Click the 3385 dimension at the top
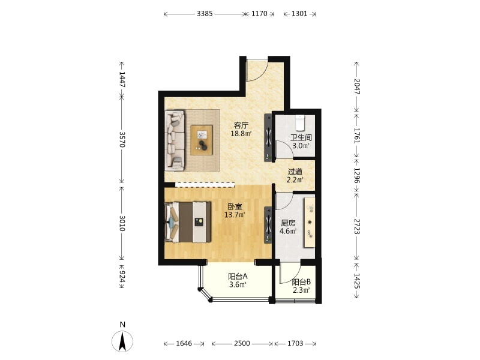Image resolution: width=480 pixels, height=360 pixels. coord(205,13)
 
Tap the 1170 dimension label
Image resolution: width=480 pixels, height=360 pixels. coord(259,13)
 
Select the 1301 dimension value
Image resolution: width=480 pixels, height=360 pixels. coord(299,13)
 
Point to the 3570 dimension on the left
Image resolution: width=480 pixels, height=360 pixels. coord(122,140)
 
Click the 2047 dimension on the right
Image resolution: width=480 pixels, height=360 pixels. coord(357,86)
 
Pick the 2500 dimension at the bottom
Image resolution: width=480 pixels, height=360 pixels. coord(242,343)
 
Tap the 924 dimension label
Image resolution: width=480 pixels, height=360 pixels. coord(122,277)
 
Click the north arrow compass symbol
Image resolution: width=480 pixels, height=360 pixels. coord(122,341)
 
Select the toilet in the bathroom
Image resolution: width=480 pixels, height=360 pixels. coord(299,122)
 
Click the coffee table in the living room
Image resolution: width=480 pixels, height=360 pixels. coord(202,140)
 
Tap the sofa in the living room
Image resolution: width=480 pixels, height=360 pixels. coord(175,140)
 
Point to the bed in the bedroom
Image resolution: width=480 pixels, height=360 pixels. coord(188,222)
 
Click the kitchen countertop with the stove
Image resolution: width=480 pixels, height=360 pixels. coord(309,223)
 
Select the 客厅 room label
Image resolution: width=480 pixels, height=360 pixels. coord(241,125)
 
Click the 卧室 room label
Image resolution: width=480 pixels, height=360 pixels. coord(235,206)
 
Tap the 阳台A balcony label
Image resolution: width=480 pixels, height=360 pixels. coord(238,277)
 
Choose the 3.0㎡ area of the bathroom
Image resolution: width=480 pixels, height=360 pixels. coord(301,146)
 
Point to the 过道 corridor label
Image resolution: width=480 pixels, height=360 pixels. coord(295,172)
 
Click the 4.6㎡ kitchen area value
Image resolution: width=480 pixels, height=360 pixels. coord(288,231)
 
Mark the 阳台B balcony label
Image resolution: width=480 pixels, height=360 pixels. coord(301,282)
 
